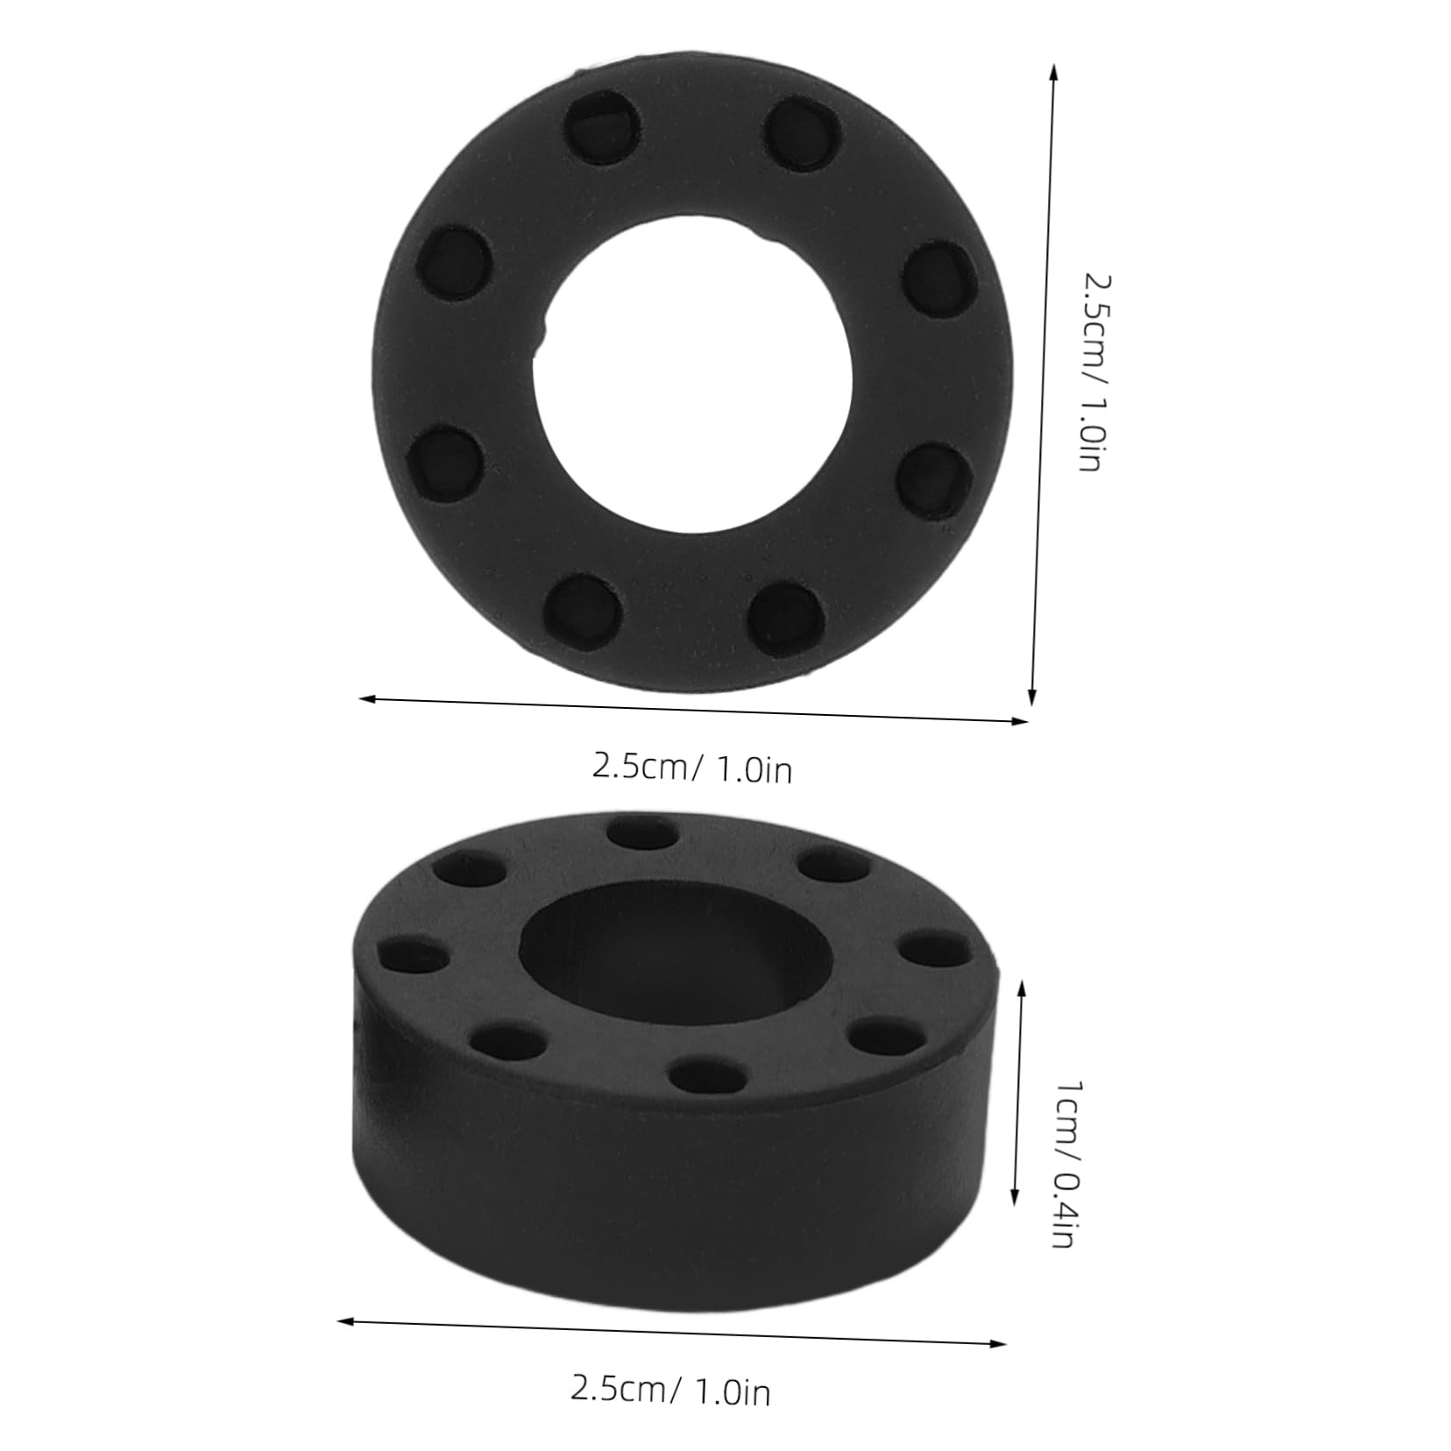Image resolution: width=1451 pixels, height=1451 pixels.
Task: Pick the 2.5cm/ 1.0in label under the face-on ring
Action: [x=691, y=769]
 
